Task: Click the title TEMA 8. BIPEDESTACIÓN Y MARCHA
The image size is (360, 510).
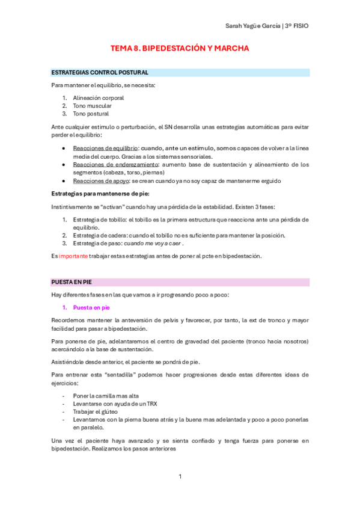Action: [x=180, y=48]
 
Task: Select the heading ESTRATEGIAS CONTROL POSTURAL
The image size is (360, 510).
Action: [x=100, y=73]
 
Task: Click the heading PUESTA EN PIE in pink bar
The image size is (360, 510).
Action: [x=72, y=281]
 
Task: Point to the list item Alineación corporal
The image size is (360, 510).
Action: [x=98, y=97]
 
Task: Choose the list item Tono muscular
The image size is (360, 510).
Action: [x=92, y=105]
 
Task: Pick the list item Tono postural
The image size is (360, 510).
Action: [x=91, y=113]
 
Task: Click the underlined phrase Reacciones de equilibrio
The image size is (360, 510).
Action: [x=105, y=148]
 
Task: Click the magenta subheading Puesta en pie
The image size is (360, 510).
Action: [x=91, y=307]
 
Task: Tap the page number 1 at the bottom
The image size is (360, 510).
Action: [x=180, y=476]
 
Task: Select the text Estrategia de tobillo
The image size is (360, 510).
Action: [x=98, y=220]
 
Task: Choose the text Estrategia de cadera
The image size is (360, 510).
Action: [x=98, y=235]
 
